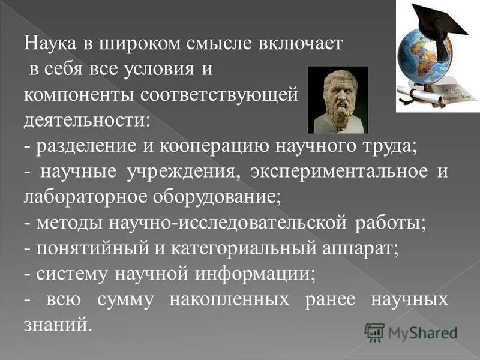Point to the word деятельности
[86, 120]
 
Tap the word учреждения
[179, 172]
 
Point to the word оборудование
[222, 197]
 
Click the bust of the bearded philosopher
[337, 100]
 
